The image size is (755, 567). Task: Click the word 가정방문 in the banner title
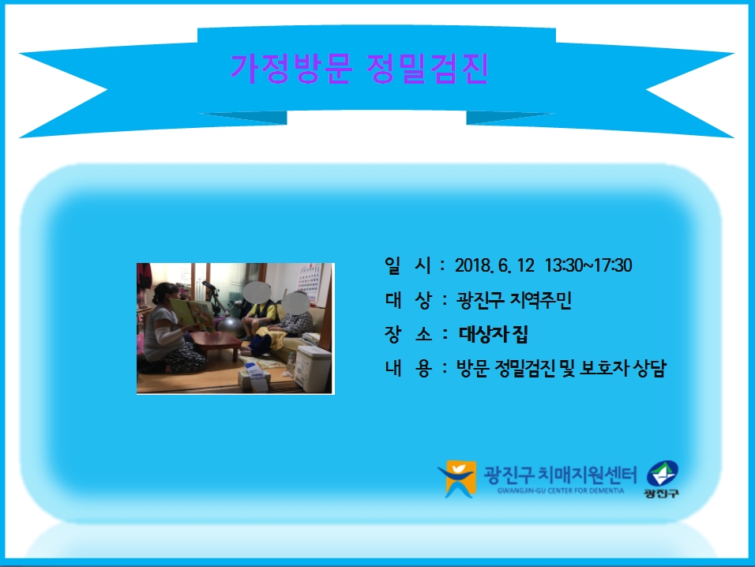click(x=291, y=69)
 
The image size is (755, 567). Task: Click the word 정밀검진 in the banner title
click(x=427, y=69)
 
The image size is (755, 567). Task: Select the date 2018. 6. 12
click(x=494, y=265)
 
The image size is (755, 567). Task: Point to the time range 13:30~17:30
click(x=588, y=265)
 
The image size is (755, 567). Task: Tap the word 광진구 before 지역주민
click(x=479, y=300)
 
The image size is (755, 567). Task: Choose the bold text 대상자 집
click(x=493, y=334)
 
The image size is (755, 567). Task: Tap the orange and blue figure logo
click(x=457, y=479)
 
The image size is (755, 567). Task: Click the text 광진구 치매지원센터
click(x=560, y=475)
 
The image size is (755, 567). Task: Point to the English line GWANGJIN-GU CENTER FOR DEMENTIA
click(x=561, y=491)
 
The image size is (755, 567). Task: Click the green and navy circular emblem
click(x=662, y=474)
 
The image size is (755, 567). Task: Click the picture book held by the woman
click(x=193, y=314)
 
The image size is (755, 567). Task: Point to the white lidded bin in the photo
click(x=314, y=367)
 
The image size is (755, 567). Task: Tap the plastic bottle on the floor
click(x=291, y=363)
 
